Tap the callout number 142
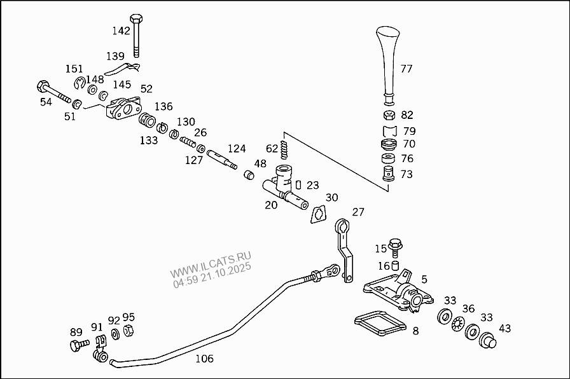[x=121, y=31]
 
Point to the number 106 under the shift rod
[x=204, y=359]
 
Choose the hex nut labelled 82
[x=389, y=116]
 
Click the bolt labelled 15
[x=394, y=245]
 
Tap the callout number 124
[x=237, y=149]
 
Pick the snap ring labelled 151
[x=80, y=83]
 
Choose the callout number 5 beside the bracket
[x=424, y=279]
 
